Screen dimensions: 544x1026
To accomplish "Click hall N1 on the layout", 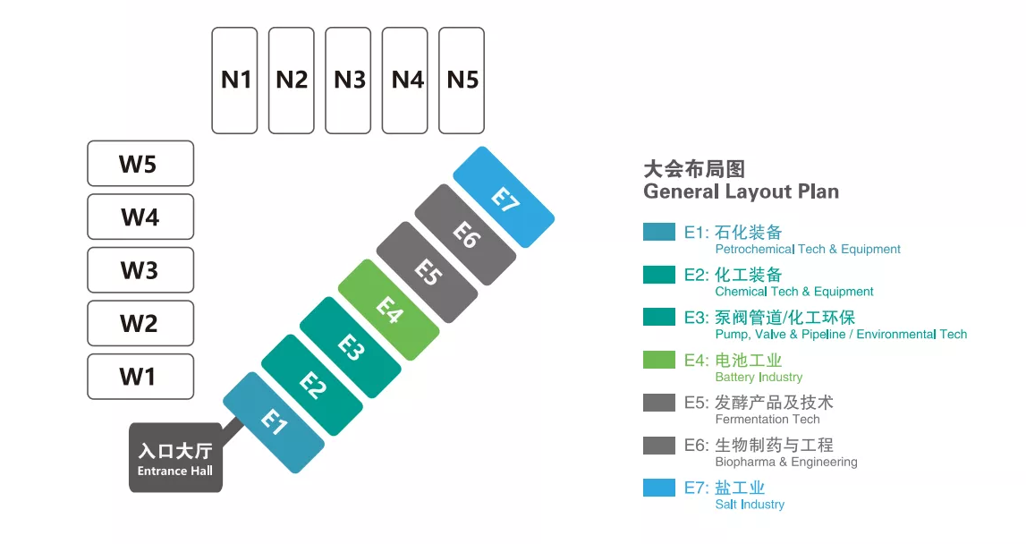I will point(234,81).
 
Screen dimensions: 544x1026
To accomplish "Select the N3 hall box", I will point(348,81).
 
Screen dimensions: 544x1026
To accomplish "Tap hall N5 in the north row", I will point(462,81).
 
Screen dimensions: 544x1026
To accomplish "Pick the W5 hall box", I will point(140,164).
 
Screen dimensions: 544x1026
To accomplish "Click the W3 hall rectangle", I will point(140,270).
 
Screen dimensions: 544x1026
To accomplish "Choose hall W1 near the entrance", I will point(140,377).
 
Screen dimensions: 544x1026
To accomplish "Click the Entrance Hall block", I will point(175,458).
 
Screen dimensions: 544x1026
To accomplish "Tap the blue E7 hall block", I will point(504,197).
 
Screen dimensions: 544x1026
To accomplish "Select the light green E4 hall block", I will point(389,310).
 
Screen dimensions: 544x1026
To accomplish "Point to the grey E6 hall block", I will point(465,234).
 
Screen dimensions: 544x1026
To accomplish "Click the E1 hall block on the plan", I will point(274,422).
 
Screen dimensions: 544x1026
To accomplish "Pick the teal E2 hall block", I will point(312,385).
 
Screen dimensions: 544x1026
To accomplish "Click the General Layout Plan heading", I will point(741,191).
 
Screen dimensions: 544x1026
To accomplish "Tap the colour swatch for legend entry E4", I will point(659,360).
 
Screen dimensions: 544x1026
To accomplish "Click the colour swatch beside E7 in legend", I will point(659,488).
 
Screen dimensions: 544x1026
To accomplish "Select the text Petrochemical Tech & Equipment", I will point(808,250).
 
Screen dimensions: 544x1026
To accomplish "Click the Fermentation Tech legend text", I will point(767,419).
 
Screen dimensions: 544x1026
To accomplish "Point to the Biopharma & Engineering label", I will point(786,462).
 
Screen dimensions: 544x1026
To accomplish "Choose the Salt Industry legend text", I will point(750,505).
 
